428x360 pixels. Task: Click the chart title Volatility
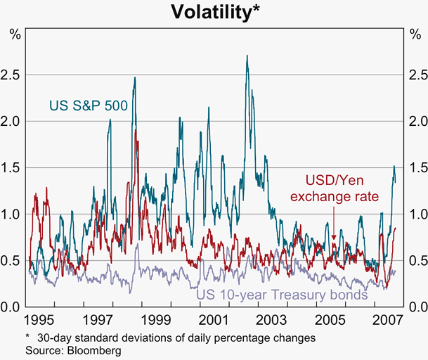[x=214, y=12]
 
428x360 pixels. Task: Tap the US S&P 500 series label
[x=88, y=106]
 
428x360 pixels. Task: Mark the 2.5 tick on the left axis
[x=14, y=75]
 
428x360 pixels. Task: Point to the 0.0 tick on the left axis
[x=14, y=307]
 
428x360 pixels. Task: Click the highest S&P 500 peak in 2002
[x=247, y=56]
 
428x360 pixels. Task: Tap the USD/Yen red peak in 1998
[x=136, y=130]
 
